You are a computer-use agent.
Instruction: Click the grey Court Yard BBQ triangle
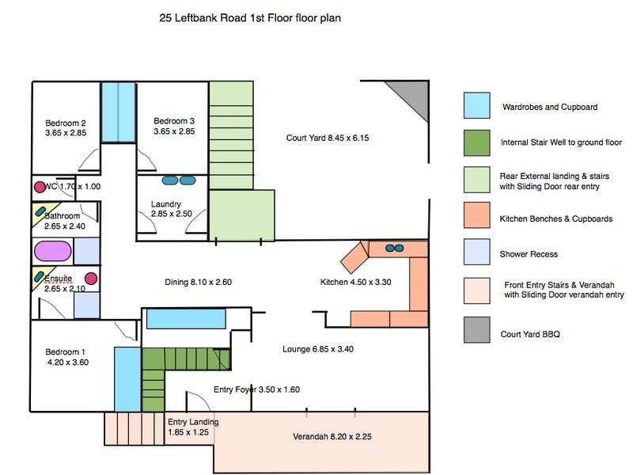(x=415, y=98)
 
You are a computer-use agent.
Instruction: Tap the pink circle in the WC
(x=40, y=188)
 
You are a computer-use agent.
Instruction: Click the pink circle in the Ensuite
(x=91, y=279)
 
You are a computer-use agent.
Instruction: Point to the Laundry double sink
(x=178, y=180)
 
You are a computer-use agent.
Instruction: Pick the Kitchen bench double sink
(x=392, y=249)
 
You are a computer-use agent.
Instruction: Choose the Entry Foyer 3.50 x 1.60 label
(x=256, y=389)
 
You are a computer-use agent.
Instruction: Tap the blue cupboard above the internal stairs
(x=187, y=319)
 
